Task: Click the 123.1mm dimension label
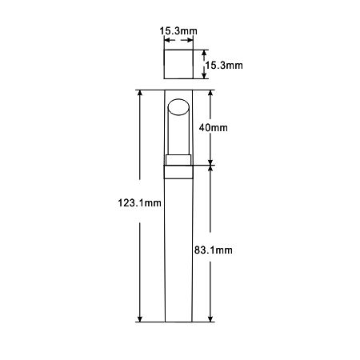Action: click(139, 203)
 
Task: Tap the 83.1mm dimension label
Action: click(214, 250)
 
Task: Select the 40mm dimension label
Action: click(214, 128)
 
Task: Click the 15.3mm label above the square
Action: click(178, 31)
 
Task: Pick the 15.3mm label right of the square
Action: click(224, 66)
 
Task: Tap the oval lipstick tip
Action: click(178, 107)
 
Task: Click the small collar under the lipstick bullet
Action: click(178, 160)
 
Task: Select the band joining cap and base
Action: click(178, 172)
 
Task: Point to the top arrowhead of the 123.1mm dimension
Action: click(139, 93)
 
